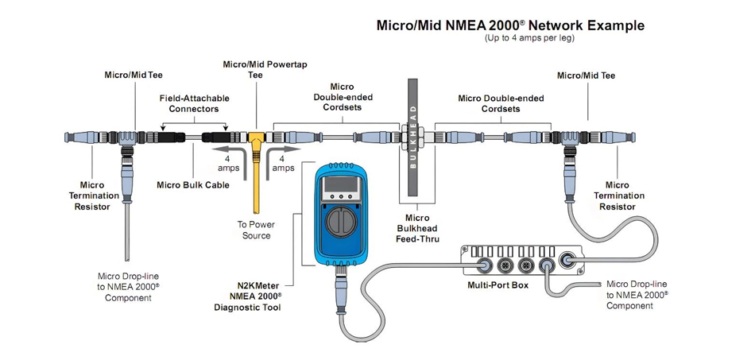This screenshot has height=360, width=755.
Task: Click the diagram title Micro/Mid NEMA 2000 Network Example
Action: (x=509, y=25)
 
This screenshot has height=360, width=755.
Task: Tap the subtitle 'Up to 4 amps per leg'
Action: (x=529, y=38)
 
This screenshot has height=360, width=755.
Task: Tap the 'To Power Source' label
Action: (x=256, y=230)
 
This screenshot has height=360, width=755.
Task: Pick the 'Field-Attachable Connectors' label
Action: (x=195, y=103)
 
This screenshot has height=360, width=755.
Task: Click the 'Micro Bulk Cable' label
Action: (x=193, y=185)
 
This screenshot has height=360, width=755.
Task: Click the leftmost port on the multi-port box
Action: (x=482, y=265)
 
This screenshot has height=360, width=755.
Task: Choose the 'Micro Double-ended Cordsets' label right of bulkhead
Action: (x=501, y=103)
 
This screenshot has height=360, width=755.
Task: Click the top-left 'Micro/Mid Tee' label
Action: (x=134, y=75)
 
